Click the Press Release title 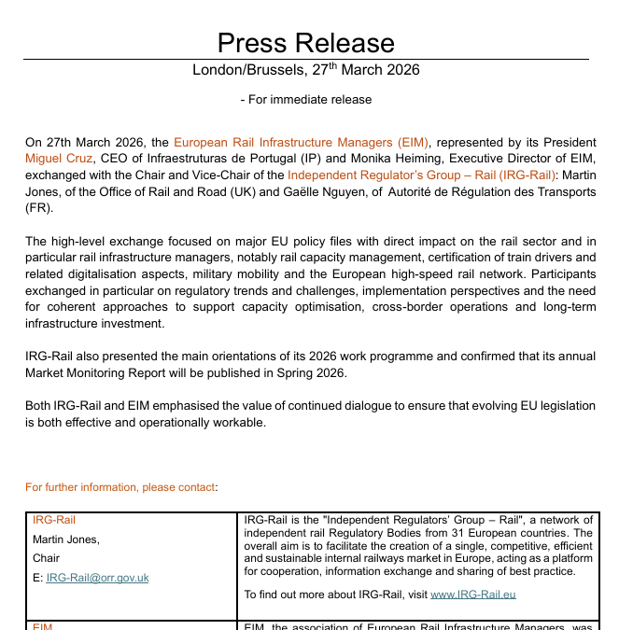click(305, 42)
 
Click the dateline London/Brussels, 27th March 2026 click(305, 70)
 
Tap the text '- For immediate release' click(305, 100)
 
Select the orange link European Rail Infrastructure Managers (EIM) click(302, 143)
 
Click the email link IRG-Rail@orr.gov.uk click(97, 578)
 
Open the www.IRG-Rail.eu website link click(473, 595)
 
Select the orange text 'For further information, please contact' click(120, 487)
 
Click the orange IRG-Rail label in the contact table click(54, 520)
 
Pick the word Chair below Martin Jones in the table click(47, 558)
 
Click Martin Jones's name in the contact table click(65, 539)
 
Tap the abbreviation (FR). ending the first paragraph click(40, 207)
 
